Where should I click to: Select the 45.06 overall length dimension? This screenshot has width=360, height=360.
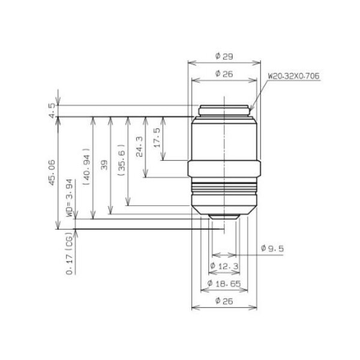[x=53, y=172]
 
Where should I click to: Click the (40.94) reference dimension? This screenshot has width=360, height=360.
[x=88, y=169]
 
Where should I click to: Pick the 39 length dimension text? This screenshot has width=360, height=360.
[x=104, y=166]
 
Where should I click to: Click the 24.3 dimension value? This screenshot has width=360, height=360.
[x=139, y=147]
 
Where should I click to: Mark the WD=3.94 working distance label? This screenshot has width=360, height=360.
[x=70, y=205]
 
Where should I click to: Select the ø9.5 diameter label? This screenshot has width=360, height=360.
[x=272, y=248]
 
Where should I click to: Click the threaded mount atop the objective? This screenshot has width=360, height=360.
[x=225, y=110]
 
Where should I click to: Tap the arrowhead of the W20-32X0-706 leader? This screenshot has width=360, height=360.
[x=251, y=112]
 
